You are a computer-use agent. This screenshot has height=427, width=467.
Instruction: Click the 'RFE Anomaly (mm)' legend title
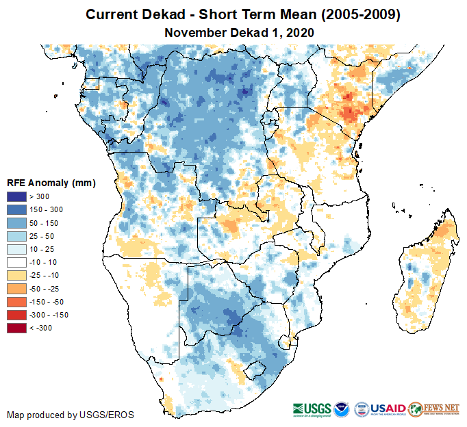(51, 183)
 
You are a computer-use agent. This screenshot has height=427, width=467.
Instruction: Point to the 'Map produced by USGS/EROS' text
(70, 415)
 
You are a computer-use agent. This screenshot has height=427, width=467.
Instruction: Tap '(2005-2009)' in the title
(348, 14)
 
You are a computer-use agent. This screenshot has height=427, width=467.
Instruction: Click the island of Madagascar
(427, 274)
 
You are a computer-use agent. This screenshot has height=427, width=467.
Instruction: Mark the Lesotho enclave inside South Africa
(255, 372)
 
